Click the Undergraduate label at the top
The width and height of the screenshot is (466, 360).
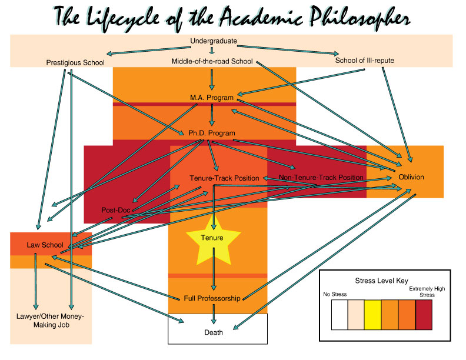(x=213, y=41)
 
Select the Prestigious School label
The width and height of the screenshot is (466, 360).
(x=75, y=62)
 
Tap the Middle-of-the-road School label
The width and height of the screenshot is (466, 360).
(x=212, y=61)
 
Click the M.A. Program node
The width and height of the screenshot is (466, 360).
(x=212, y=97)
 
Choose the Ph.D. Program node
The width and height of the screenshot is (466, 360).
(x=212, y=133)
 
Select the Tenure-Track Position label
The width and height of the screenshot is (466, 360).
(x=224, y=178)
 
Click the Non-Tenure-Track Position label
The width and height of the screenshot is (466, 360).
(x=321, y=177)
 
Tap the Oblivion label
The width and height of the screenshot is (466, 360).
(x=411, y=177)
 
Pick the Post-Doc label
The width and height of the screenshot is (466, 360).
(x=115, y=210)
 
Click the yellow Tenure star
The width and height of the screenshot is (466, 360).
(x=212, y=238)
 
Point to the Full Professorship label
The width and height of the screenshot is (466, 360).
(x=212, y=298)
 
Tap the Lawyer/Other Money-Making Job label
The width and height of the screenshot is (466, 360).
(x=51, y=321)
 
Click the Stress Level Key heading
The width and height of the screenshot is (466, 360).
(x=382, y=281)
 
